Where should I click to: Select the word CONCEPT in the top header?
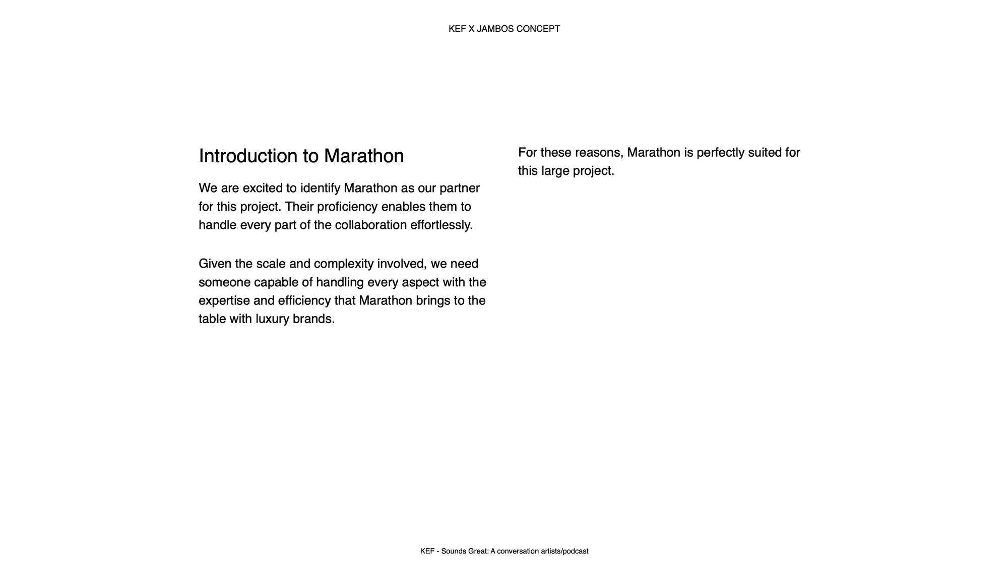[x=538, y=29]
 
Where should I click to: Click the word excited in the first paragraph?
[x=263, y=189]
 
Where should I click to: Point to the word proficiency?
[x=347, y=207]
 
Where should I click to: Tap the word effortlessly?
[x=441, y=225]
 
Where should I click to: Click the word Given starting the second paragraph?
[x=215, y=264]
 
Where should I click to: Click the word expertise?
[x=224, y=301]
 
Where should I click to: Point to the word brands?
[x=313, y=319]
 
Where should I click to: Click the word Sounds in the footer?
[x=453, y=551]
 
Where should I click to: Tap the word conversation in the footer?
[x=518, y=551]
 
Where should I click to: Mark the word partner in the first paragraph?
[x=460, y=189]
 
